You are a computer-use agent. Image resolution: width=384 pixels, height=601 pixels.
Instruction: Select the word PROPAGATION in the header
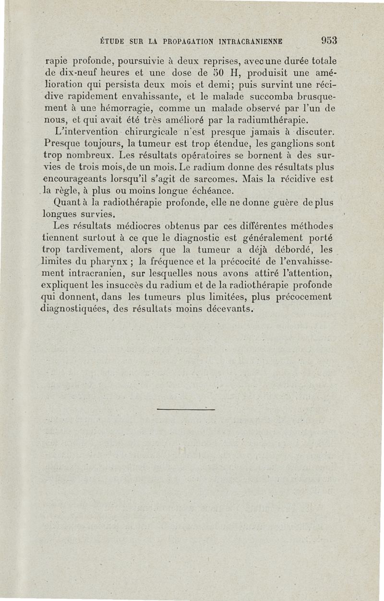[x=174, y=42]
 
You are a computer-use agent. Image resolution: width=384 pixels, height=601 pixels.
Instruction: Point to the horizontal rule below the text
[x=185, y=409]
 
